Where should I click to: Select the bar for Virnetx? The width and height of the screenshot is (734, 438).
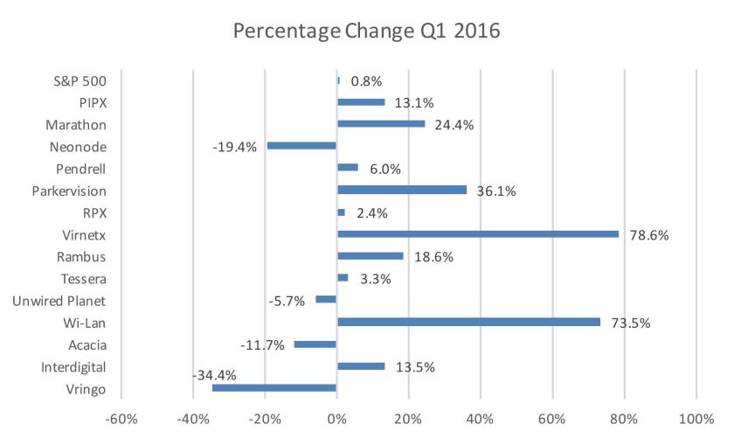[478, 233]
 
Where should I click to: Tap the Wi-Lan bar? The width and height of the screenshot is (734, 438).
[468, 322]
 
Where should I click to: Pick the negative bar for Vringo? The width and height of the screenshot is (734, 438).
[274, 387]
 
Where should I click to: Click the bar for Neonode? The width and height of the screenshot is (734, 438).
[301, 145]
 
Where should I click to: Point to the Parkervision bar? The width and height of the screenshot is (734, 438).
[402, 190]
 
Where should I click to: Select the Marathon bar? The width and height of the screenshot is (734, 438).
[381, 123]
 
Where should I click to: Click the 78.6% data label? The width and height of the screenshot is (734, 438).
[650, 235]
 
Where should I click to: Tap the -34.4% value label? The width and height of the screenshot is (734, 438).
[214, 376]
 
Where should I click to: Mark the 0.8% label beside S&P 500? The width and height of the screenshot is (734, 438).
[366, 81]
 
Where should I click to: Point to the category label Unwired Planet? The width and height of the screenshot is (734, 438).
[59, 300]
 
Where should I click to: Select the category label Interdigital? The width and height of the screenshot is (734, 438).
[73, 365]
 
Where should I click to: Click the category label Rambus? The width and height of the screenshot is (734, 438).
[84, 255]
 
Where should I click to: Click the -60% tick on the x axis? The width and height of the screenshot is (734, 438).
[121, 420]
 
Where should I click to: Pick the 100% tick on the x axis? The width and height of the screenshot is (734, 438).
[696, 420]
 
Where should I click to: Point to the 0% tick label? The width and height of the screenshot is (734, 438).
[336, 420]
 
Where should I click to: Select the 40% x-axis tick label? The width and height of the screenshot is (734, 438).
[480, 420]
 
